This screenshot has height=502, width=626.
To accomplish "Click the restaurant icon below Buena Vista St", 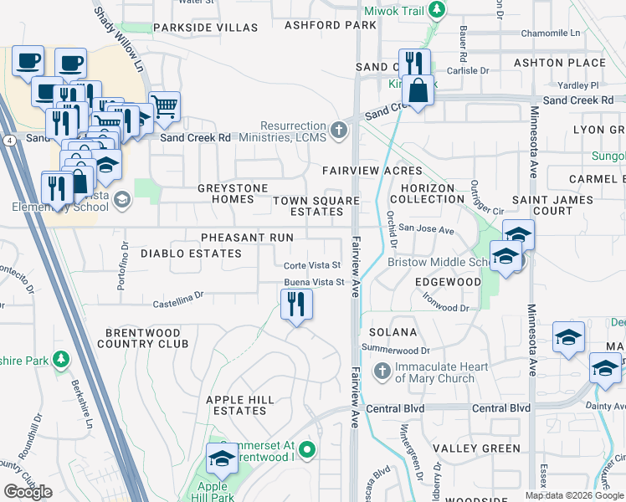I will [295, 303].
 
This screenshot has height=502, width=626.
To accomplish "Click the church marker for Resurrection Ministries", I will [338, 130].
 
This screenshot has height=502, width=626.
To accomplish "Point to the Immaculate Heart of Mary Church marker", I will [382, 371].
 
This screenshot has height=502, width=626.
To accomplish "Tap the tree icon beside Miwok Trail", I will [435, 11].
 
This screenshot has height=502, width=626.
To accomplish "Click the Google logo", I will [28, 492].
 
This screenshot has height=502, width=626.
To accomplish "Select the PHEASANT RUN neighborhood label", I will [246, 238].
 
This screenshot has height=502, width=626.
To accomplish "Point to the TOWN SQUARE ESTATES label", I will [316, 207].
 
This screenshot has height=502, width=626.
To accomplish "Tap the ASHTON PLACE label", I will [572, 63].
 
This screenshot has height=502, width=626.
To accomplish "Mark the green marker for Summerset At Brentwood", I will [307, 450].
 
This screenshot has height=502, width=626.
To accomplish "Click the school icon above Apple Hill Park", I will [221, 459].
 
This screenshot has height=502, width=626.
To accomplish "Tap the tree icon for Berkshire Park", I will [60, 360].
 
